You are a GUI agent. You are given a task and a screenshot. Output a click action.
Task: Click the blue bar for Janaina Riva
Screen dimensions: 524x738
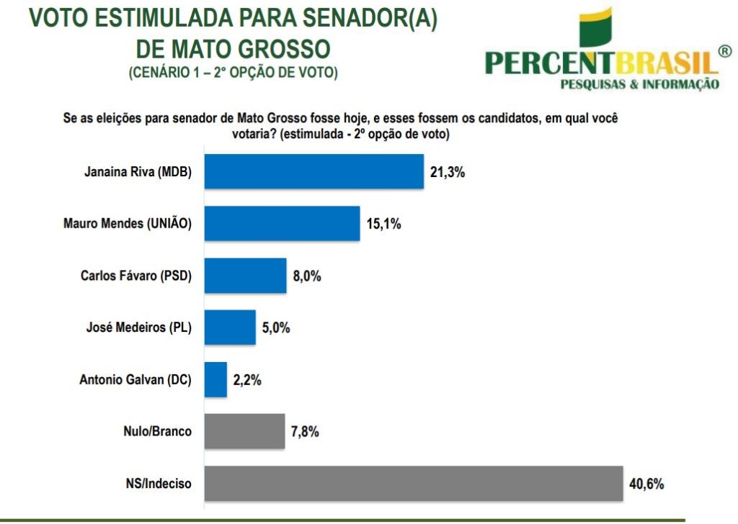(x=314, y=171)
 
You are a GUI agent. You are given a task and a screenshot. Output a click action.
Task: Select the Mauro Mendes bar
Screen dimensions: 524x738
(x=282, y=223)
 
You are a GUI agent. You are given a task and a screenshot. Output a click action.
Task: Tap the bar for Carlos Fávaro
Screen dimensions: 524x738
(x=245, y=276)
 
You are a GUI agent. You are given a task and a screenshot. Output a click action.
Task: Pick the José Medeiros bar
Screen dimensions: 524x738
(x=230, y=327)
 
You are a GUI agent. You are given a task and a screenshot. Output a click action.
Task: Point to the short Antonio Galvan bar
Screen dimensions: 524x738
(x=215, y=379)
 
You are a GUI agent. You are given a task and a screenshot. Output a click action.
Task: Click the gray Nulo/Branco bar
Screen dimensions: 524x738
(x=244, y=431)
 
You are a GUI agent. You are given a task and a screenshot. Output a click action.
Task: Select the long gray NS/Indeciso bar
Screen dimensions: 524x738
(x=414, y=483)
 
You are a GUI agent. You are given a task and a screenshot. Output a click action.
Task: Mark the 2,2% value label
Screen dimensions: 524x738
(x=247, y=380)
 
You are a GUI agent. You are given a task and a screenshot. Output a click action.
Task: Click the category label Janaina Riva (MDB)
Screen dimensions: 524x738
(x=137, y=172)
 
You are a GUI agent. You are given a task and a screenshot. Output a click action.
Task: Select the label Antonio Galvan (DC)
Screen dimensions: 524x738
(x=135, y=380)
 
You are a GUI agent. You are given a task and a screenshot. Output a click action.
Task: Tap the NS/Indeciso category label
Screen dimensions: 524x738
(x=156, y=484)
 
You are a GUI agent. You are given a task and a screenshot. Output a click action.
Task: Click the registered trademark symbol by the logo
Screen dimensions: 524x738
(x=725, y=52)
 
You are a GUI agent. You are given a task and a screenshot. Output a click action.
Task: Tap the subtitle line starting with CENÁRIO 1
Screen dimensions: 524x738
(x=233, y=73)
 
